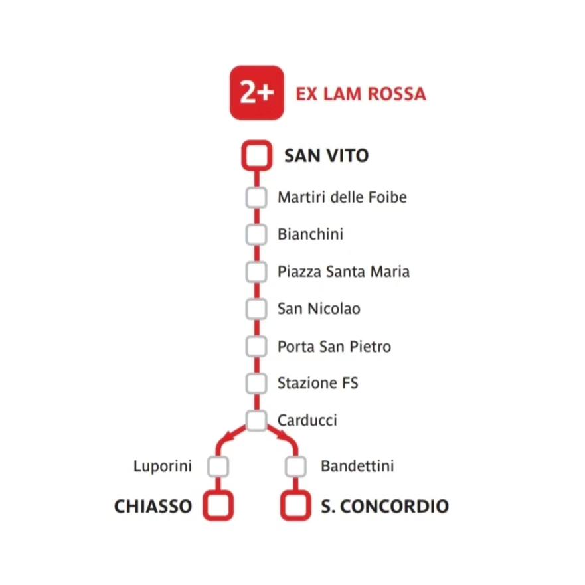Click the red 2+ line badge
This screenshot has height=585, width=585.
pos(256,93)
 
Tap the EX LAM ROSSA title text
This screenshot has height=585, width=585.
pos(361,94)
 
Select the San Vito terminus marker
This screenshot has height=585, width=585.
pos(256,156)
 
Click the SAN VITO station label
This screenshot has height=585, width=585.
pos(326,156)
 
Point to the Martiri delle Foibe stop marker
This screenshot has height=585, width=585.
pos(256,198)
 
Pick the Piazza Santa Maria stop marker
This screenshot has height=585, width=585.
pos(256,272)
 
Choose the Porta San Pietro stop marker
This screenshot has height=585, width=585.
pos(256,346)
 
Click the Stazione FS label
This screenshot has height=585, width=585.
pos(317,383)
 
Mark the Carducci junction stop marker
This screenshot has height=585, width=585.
pos(256,420)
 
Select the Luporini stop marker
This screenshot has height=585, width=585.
pos(218,466)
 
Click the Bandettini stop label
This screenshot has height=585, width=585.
pos(357,466)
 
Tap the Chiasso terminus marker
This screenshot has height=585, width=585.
pos(218,506)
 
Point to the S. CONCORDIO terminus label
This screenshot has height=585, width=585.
pos(384,506)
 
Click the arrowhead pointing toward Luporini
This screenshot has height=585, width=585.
pos(228,436)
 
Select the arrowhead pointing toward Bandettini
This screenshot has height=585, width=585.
pos(285,436)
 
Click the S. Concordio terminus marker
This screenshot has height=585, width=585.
pos(295,506)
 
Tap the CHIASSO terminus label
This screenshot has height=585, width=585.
pos(153,506)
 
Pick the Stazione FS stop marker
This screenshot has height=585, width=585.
pos(256,383)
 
